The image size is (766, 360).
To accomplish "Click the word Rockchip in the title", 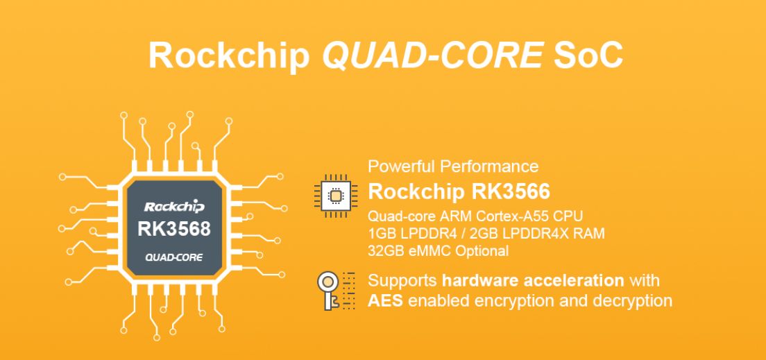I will click(228, 55).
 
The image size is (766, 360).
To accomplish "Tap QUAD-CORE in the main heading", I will click(432, 55).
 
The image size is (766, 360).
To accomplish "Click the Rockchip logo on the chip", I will click(174, 206).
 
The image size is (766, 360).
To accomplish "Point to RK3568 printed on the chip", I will click(174, 229).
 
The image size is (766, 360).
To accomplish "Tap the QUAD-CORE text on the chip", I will click(174, 257).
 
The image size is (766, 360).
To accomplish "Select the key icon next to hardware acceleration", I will click(330, 290).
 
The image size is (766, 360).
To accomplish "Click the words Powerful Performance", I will click(453, 166).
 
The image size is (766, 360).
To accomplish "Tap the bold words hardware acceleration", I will click(533, 281).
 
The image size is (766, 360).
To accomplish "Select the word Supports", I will click(402, 281).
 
